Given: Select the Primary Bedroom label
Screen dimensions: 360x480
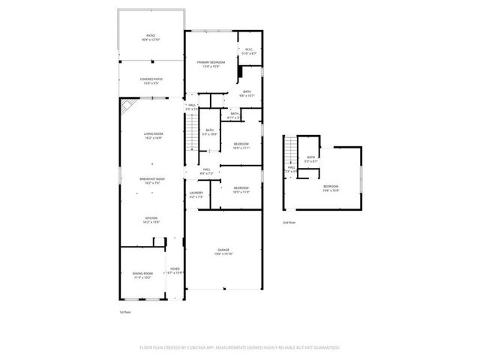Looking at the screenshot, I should coord(211,63).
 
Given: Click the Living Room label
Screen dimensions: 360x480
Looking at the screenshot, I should coord(153,136).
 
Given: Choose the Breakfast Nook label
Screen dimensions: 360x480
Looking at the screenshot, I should coord(153,179).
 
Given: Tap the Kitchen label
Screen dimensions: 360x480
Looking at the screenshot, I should coord(151,220).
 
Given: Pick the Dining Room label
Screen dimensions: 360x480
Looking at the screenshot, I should coord(142,275).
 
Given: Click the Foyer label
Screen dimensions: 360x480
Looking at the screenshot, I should coord(175,270).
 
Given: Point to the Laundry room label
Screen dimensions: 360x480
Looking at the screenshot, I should coord(196,194).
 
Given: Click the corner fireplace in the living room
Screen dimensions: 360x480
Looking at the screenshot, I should coord(127,106).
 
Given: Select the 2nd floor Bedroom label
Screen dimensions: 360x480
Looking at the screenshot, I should coord(331,187).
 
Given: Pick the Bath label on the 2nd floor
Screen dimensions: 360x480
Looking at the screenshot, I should coord(310,158).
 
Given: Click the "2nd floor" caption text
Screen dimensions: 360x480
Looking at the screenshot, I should coord(289,223).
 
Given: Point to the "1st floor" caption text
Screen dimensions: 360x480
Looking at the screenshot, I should coord(125,311).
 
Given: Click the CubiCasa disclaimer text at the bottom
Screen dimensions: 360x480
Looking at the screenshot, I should coord(240,347).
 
